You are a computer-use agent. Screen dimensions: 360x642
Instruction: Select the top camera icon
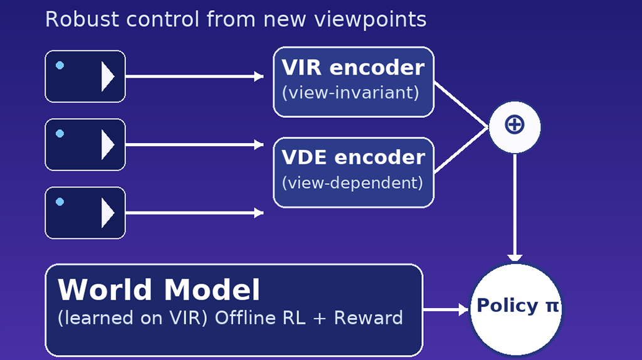[x=85, y=77]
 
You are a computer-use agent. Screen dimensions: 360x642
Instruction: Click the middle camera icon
[x=85, y=144]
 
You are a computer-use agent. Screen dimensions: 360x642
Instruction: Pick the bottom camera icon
[x=85, y=213]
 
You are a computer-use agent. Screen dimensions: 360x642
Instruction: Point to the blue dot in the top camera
[x=60, y=65]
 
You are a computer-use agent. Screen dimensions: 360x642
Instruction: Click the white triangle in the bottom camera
[x=108, y=213]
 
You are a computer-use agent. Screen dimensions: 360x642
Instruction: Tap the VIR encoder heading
[x=353, y=68]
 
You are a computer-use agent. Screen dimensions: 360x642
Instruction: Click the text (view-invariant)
[x=350, y=93]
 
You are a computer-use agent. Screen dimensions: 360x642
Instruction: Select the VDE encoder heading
[x=353, y=157]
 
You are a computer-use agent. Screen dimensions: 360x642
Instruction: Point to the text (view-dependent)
[x=352, y=183]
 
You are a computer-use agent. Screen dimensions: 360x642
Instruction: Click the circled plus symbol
[x=514, y=125]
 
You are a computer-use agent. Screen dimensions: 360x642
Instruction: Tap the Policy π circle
[x=516, y=307]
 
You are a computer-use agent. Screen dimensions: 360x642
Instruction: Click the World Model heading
[x=159, y=290]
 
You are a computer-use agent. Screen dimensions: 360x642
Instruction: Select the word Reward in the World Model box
[x=368, y=318]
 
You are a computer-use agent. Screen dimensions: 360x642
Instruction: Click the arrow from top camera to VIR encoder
[x=194, y=77]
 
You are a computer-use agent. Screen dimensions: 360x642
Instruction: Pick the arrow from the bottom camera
[x=194, y=213]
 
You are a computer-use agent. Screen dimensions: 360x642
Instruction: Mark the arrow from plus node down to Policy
[x=514, y=207]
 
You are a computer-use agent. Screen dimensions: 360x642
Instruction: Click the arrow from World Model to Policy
[x=446, y=309]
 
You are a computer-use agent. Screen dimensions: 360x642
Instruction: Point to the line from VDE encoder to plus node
[x=461, y=150]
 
